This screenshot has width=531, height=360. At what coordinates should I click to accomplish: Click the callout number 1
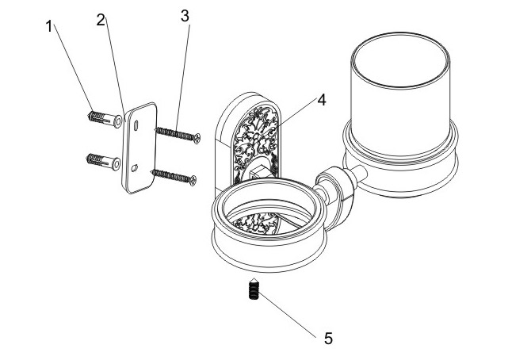pyautogui.click(x=48, y=25)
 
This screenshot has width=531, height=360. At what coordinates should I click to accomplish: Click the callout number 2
pyautogui.click(x=101, y=19)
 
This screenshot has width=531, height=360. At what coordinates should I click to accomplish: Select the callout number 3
pyautogui.click(x=185, y=16)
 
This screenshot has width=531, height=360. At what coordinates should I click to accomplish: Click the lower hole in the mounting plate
pyautogui.click(x=136, y=167)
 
